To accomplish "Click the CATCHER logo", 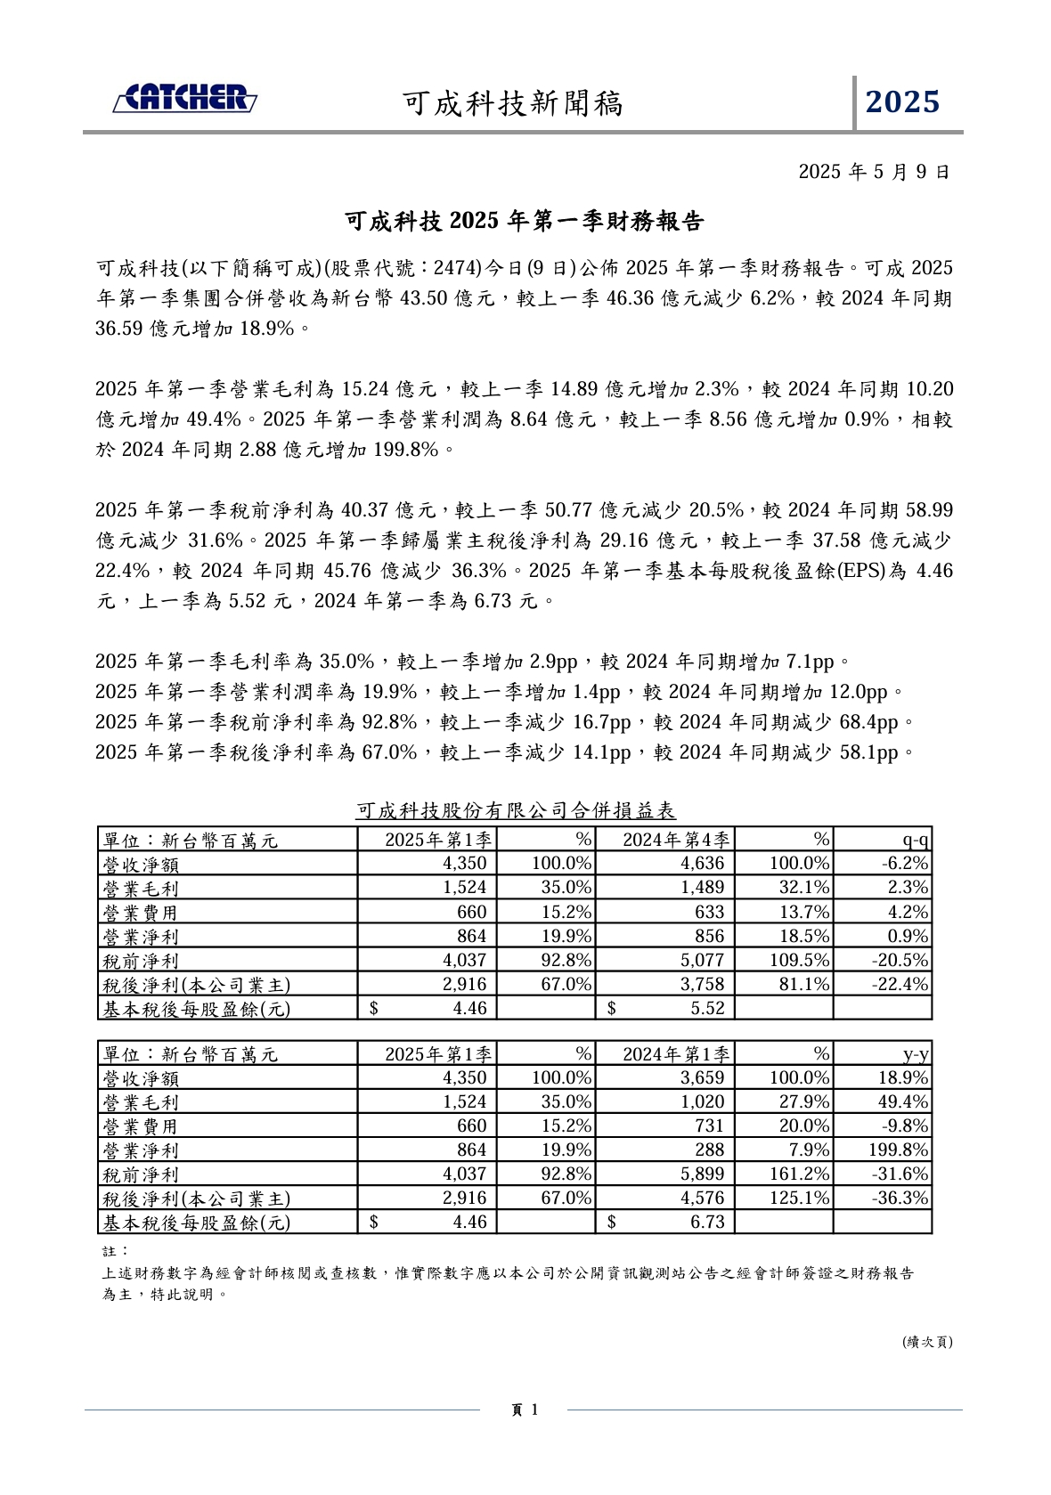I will point(185,99).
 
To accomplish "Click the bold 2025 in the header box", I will point(902,102).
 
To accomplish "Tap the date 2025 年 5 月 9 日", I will point(874,172).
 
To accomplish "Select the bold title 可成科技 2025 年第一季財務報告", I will point(525,221).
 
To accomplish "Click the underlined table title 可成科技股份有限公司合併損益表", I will point(516,810).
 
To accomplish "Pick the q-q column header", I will point(916,840).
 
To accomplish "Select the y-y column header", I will point(916,1054).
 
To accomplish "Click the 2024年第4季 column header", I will point(676,840).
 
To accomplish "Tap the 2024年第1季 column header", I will point(676,1054).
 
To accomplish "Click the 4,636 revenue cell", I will point(703,864).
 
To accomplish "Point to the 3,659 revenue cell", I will point(703,1078).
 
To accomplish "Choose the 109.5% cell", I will point(799,960).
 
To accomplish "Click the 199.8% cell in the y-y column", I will point(899,1150).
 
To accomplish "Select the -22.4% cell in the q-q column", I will point(902,984).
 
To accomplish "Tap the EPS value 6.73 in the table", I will point(707,1223).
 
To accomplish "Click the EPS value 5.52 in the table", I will point(707,1008).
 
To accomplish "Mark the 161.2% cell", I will point(799,1174).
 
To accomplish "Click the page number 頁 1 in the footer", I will point(525,1410).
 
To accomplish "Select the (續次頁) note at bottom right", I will point(927,1342).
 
